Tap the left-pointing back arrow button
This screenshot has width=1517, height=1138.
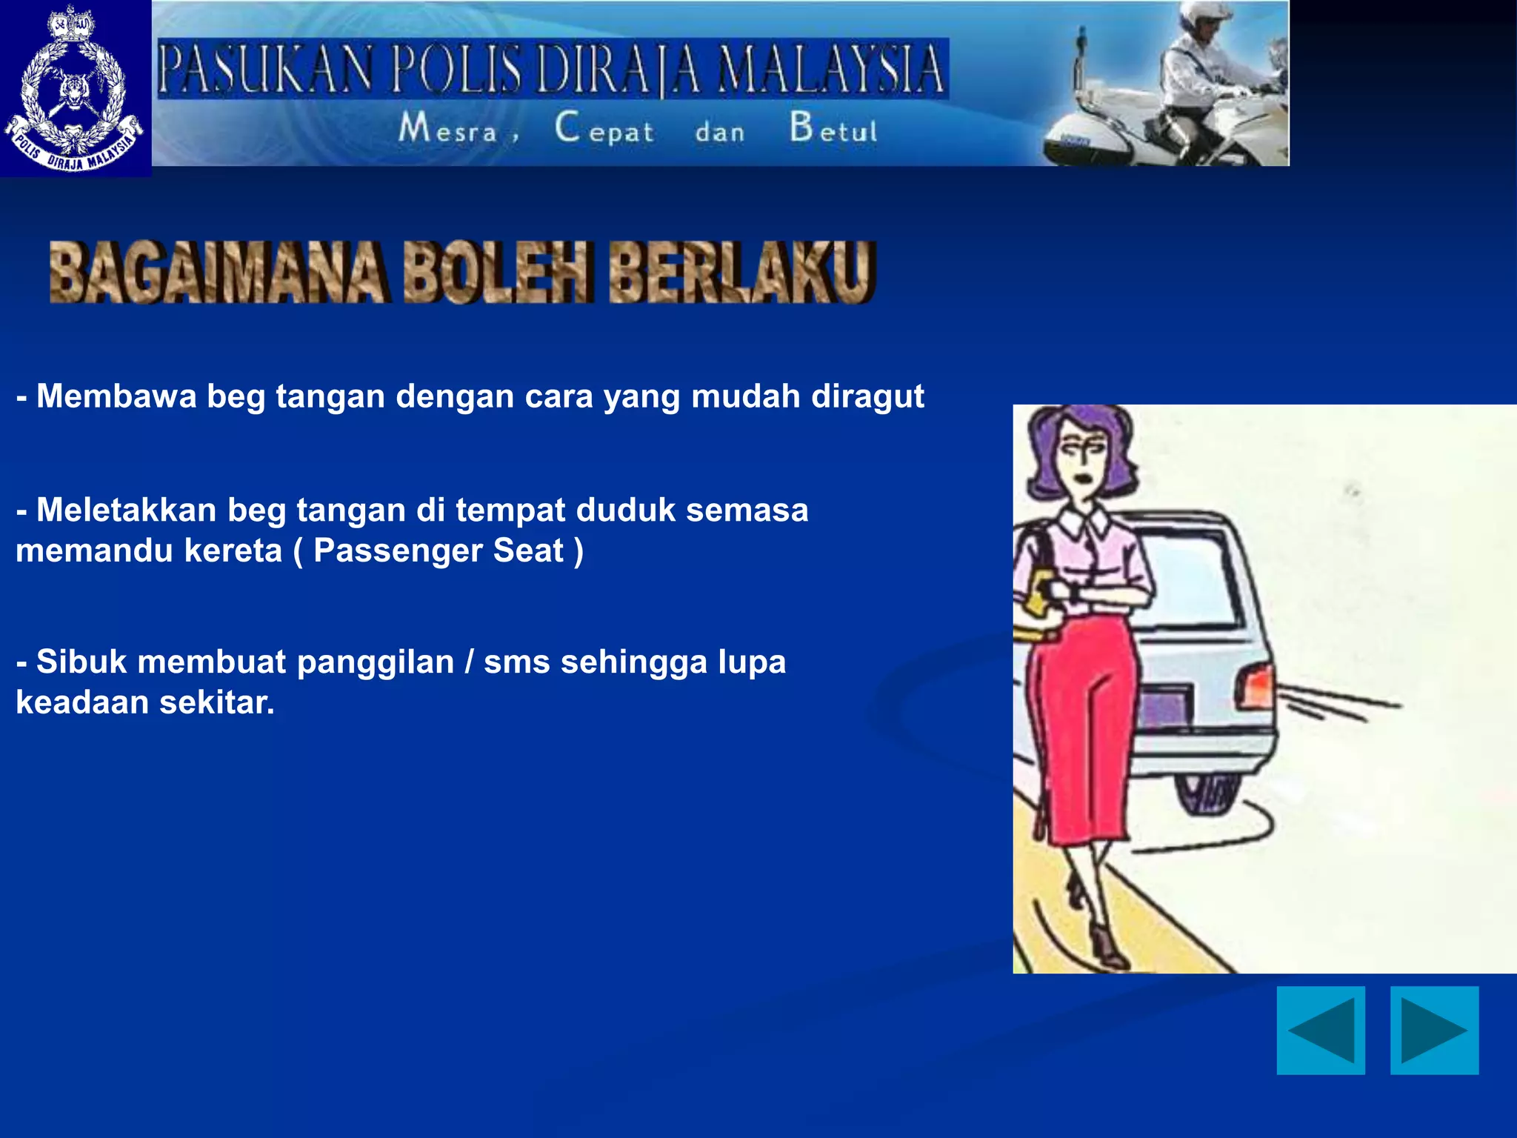click(x=1321, y=1030)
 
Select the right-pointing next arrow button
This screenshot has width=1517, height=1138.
click(x=1434, y=1030)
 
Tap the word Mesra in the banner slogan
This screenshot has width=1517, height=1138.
click(x=448, y=128)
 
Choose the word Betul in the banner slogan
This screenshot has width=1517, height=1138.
click(x=833, y=128)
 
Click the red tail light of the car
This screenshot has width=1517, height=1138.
click(x=1256, y=685)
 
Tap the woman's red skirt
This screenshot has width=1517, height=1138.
click(x=1089, y=726)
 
